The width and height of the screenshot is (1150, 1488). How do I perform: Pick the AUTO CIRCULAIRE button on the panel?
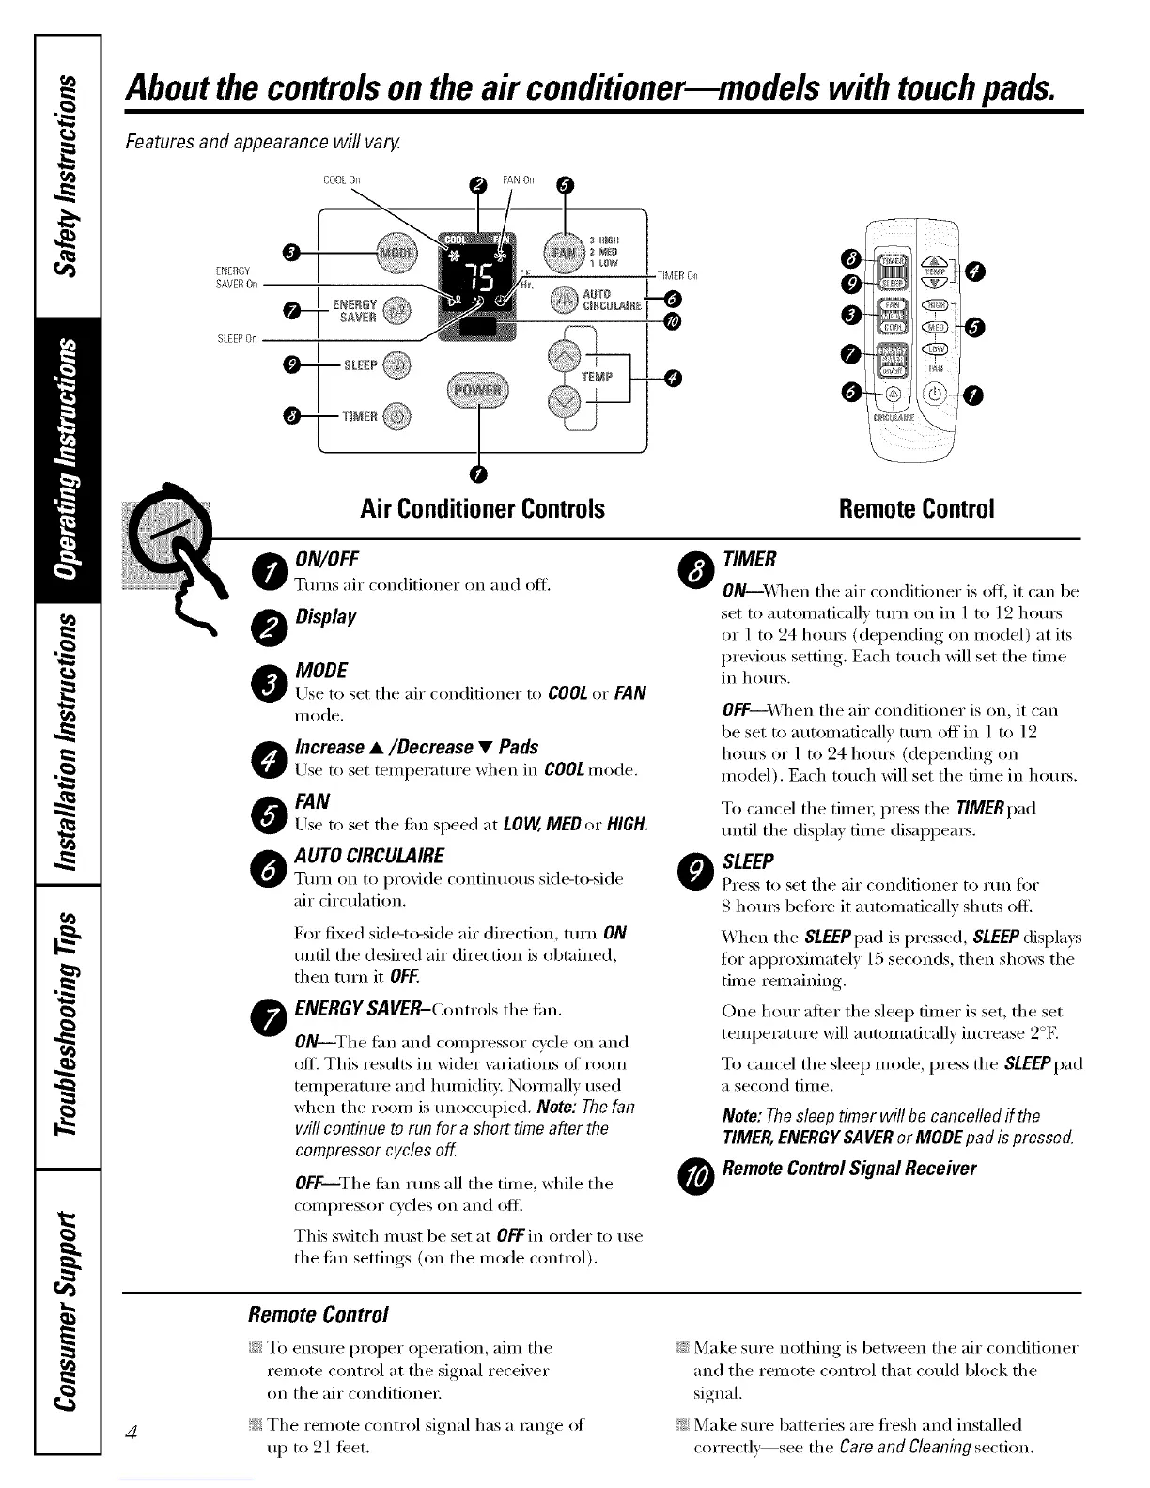(x=565, y=299)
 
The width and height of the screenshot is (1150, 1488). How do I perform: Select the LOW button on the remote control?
(x=936, y=349)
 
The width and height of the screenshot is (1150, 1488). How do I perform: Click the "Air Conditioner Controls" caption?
(x=482, y=508)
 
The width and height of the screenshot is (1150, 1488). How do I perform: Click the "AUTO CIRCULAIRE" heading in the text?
(x=369, y=856)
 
